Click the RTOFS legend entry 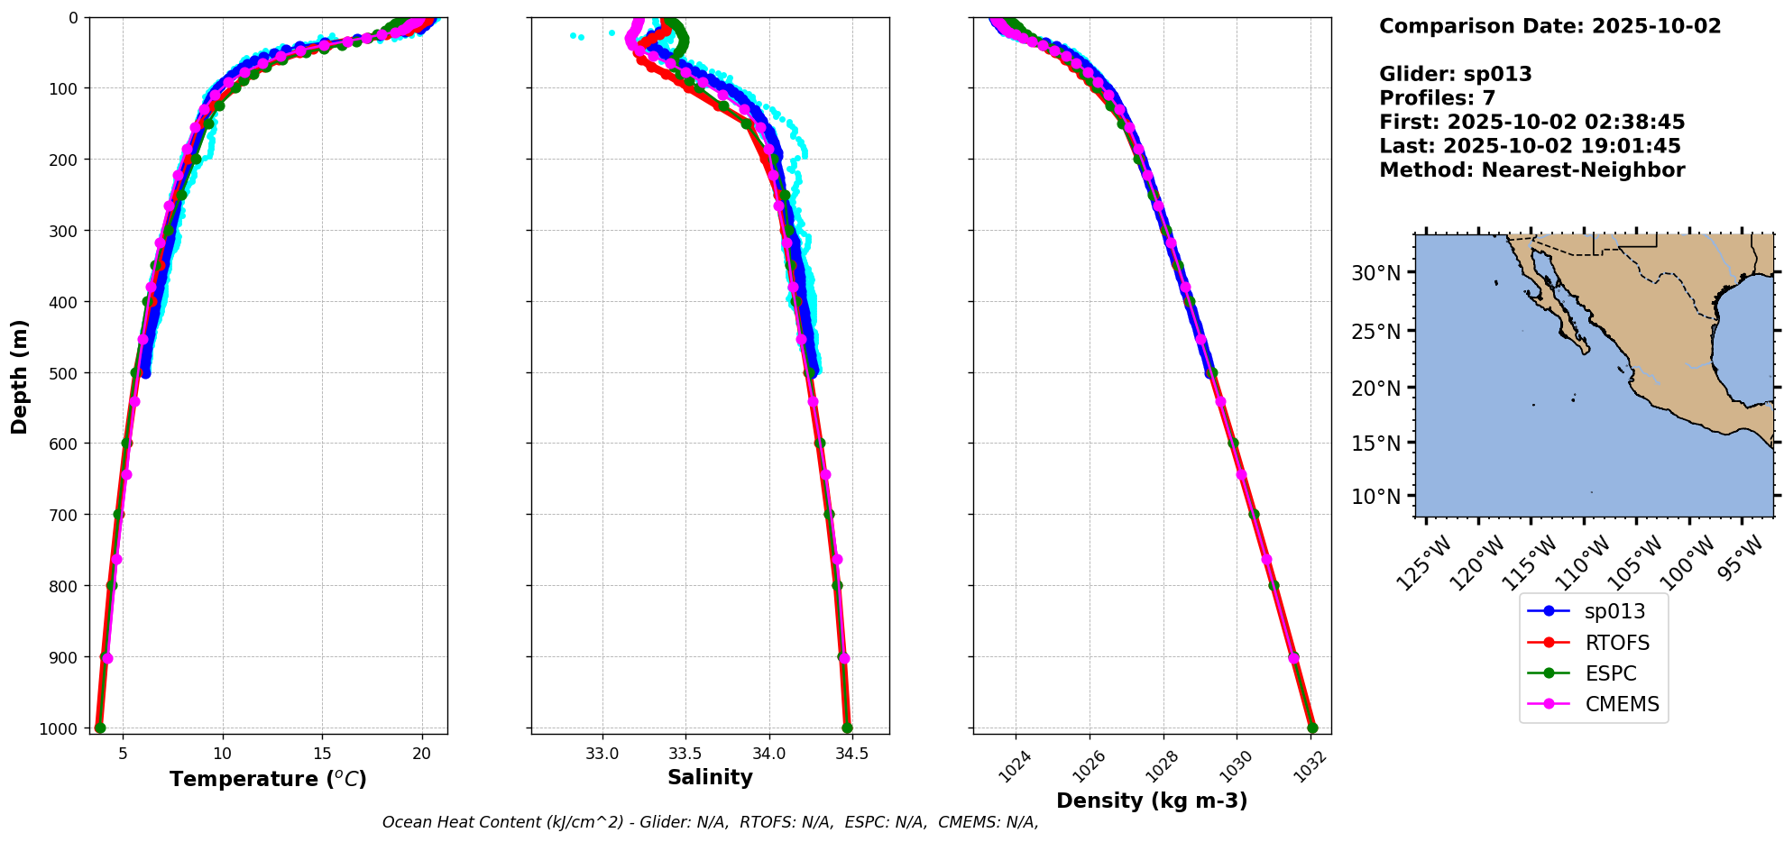[x=1616, y=643]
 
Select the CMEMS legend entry [x=1622, y=704]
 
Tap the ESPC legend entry [x=1610, y=673]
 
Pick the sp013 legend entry [x=1614, y=611]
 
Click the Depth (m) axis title [x=20, y=376]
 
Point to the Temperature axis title [x=268, y=779]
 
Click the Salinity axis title [x=710, y=777]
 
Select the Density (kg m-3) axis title [x=1152, y=801]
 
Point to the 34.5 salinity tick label [x=851, y=754]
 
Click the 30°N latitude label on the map [x=1375, y=273]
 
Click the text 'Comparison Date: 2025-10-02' [x=1550, y=26]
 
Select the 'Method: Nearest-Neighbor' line [x=1531, y=169]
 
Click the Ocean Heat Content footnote [x=710, y=822]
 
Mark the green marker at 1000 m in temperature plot [x=100, y=728]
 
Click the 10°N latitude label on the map [x=1375, y=497]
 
